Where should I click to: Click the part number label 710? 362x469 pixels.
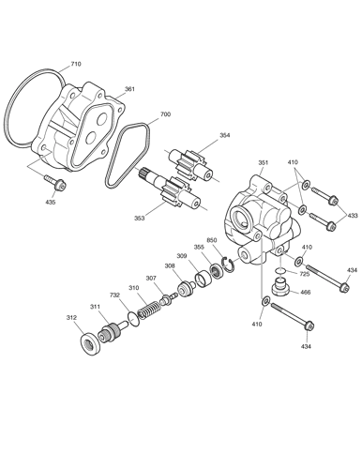click(x=76, y=64)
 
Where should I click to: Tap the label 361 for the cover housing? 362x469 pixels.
click(x=129, y=89)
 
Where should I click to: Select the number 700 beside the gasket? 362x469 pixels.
click(x=166, y=114)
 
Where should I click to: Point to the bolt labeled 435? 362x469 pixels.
click(x=56, y=182)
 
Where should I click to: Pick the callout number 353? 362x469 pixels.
click(x=140, y=218)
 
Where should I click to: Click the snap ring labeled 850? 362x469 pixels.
click(x=227, y=264)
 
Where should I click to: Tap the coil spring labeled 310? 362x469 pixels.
click(x=150, y=310)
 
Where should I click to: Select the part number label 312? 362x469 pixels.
click(x=71, y=318)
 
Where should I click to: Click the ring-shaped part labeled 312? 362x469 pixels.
click(x=90, y=345)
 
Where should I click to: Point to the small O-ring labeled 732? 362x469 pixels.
click(x=133, y=319)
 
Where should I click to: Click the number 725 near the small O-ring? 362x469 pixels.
click(x=304, y=274)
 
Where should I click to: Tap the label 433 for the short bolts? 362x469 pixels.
click(x=353, y=215)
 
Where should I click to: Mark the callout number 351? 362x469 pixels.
click(x=264, y=162)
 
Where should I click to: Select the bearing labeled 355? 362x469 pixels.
click(x=217, y=270)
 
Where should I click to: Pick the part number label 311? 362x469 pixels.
click(x=96, y=307)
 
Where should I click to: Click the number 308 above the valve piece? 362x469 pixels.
click(x=170, y=265)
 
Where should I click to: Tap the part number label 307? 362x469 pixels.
click(x=151, y=278)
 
